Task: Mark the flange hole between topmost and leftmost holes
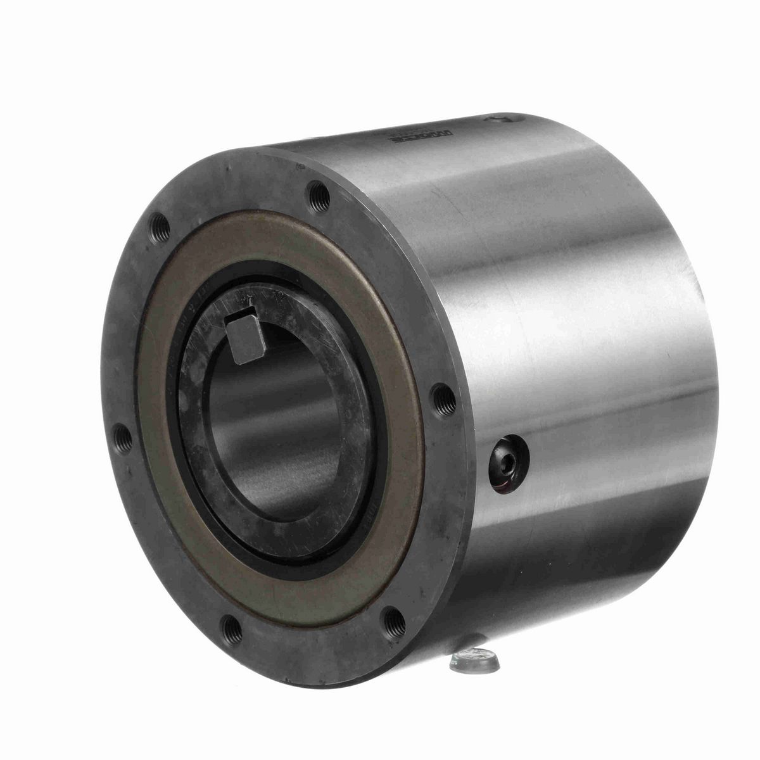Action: pyautogui.click(x=159, y=224)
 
